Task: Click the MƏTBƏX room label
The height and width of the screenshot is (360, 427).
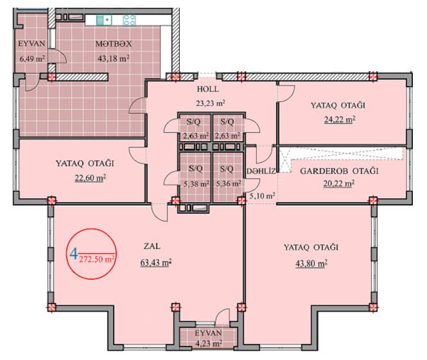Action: [x=114, y=44]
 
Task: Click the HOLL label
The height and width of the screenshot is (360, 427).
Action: [x=209, y=89]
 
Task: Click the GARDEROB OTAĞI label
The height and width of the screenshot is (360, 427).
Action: [x=338, y=171]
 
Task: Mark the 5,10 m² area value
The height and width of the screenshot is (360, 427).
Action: [x=262, y=196]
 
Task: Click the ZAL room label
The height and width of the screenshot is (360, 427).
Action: [x=151, y=246]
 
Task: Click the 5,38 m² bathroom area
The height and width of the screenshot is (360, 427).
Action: [x=195, y=183]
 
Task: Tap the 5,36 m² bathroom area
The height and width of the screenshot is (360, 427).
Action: [x=228, y=183]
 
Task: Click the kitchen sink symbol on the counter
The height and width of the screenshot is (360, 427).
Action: [x=103, y=19]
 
